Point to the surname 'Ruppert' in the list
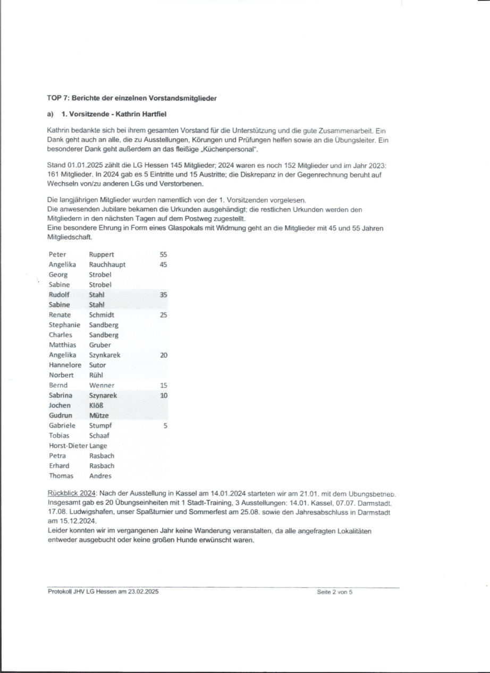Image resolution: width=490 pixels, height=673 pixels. [101, 254]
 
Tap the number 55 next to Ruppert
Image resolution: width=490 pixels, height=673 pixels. [163, 254]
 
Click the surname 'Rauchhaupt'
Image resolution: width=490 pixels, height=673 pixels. [107, 265]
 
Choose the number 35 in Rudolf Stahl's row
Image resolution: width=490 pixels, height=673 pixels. [163, 295]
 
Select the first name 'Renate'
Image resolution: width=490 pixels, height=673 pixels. [60, 315]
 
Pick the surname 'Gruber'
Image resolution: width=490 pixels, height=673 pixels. [100, 345]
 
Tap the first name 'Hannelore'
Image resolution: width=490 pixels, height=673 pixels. [65, 365]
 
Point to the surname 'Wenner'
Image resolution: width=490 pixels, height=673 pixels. [102, 386]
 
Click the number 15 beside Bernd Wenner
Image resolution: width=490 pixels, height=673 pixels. [163, 386]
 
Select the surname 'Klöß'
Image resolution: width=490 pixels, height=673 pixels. [96, 406]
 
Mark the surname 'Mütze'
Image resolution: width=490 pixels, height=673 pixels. [99, 416]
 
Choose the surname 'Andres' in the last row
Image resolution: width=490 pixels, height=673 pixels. [100, 476]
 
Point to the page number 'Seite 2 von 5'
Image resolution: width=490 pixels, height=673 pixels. [334, 592]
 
